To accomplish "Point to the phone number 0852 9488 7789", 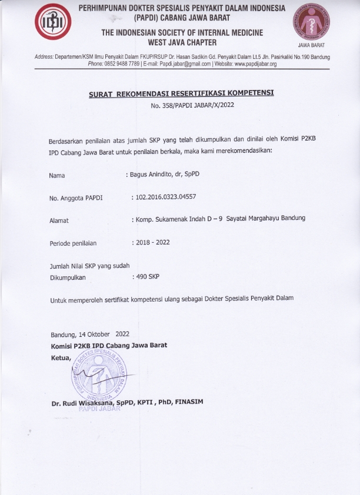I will coord(122,63).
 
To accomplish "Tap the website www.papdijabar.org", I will coord(256,63).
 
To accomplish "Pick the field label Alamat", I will coord(59,220).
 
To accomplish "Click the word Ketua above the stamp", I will coord(61,357).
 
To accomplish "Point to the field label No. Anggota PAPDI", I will coord(76,198).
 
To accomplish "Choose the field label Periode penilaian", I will coord(74,242).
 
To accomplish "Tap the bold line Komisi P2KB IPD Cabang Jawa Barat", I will coord(109,345).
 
